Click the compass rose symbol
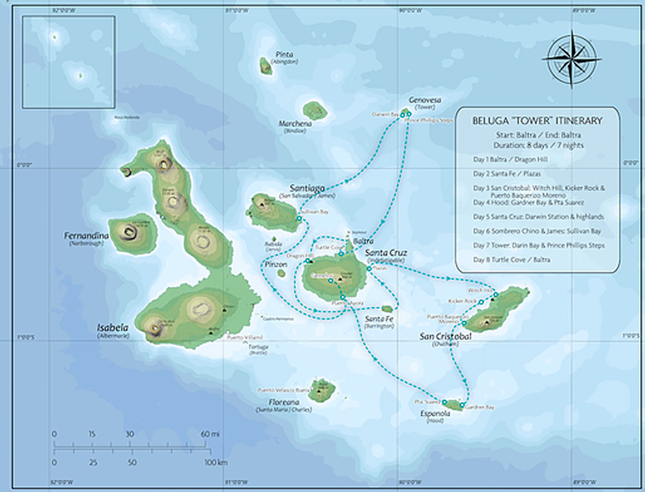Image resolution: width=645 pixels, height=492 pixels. (572, 59)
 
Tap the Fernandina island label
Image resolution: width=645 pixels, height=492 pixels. (83, 236)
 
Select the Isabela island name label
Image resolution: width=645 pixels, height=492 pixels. (113, 328)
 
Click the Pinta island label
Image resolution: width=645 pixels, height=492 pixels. (284, 55)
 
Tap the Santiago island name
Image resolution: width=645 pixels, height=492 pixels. (308, 188)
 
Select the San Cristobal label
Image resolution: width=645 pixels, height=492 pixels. (445, 336)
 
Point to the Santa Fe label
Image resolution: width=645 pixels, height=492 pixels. (378, 319)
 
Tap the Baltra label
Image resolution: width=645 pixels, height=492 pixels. (363, 240)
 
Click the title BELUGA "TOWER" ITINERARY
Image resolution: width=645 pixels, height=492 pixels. (537, 121)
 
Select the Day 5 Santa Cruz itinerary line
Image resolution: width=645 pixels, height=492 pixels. (537, 217)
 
